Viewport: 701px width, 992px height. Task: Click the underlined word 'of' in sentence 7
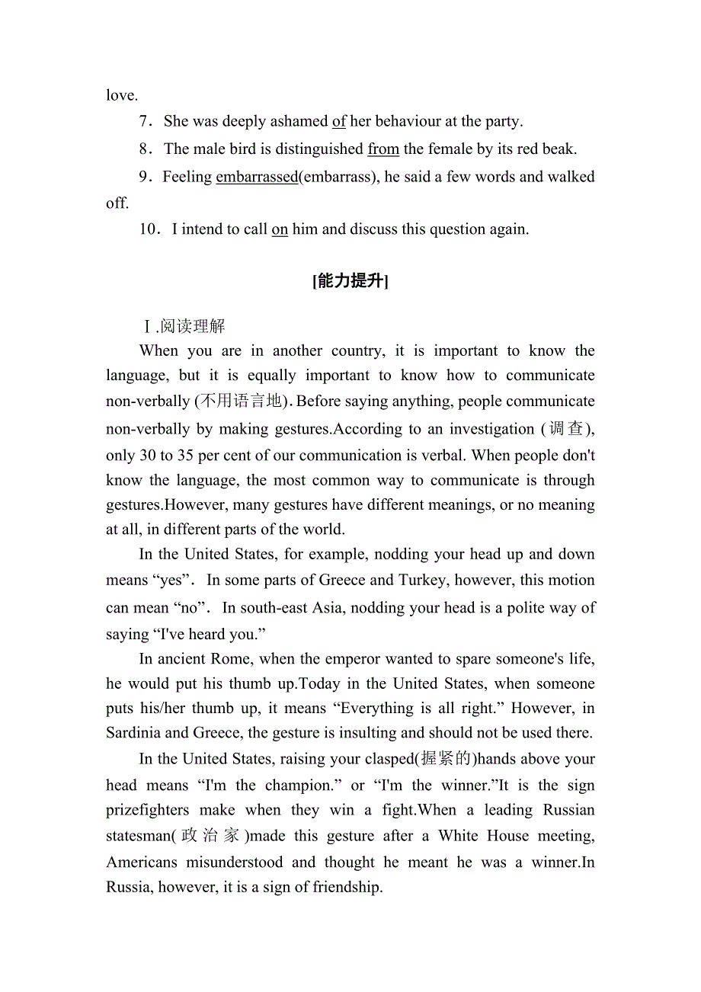pos(339,121)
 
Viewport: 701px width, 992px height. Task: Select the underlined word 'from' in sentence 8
pos(383,149)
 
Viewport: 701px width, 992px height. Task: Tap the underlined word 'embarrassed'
pos(257,177)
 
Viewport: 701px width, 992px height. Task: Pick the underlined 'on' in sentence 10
pos(280,229)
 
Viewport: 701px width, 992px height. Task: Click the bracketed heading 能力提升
pos(350,281)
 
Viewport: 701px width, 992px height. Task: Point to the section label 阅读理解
pos(193,327)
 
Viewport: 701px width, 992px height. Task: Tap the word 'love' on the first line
pos(120,95)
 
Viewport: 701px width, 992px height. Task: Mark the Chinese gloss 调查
pos(566,429)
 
